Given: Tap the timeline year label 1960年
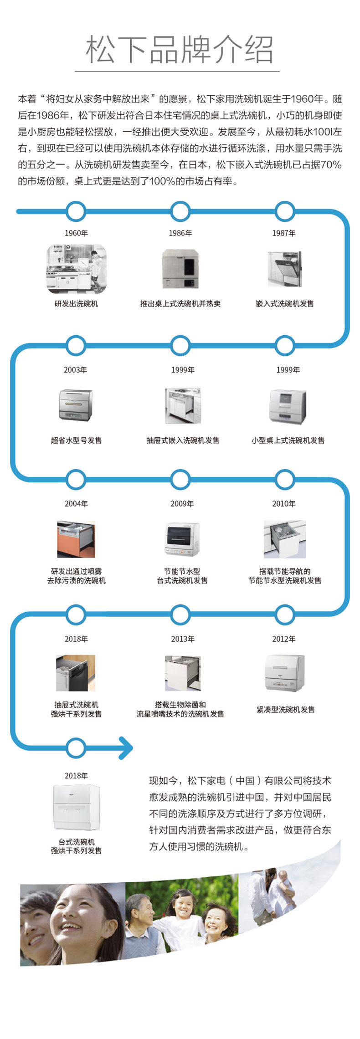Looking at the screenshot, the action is pyautogui.click(x=76, y=233).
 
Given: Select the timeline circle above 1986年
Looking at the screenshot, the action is pyautogui.click(x=180, y=212).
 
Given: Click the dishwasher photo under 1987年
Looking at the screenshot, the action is pyautogui.click(x=284, y=269).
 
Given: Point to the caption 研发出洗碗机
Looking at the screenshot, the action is pyautogui.click(x=76, y=304).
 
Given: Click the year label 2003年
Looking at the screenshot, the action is pyautogui.click(x=76, y=369).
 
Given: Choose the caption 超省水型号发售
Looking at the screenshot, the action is pyautogui.click(x=76, y=440).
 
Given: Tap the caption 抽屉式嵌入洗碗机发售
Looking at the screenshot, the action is pyautogui.click(x=183, y=440).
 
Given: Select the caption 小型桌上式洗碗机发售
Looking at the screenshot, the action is pyautogui.click(x=288, y=440).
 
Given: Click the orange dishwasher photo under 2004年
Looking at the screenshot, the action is pyautogui.click(x=76, y=540).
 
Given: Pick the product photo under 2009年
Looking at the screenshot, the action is pyautogui.click(x=182, y=539).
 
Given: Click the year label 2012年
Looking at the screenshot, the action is pyautogui.click(x=284, y=639).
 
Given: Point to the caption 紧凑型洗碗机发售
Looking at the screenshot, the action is pyautogui.click(x=286, y=709).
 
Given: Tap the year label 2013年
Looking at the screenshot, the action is pyautogui.click(x=183, y=639).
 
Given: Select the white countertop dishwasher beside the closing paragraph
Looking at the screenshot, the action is pyautogui.click(x=76, y=807).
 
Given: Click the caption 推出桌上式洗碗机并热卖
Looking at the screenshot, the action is pyautogui.click(x=180, y=304).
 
